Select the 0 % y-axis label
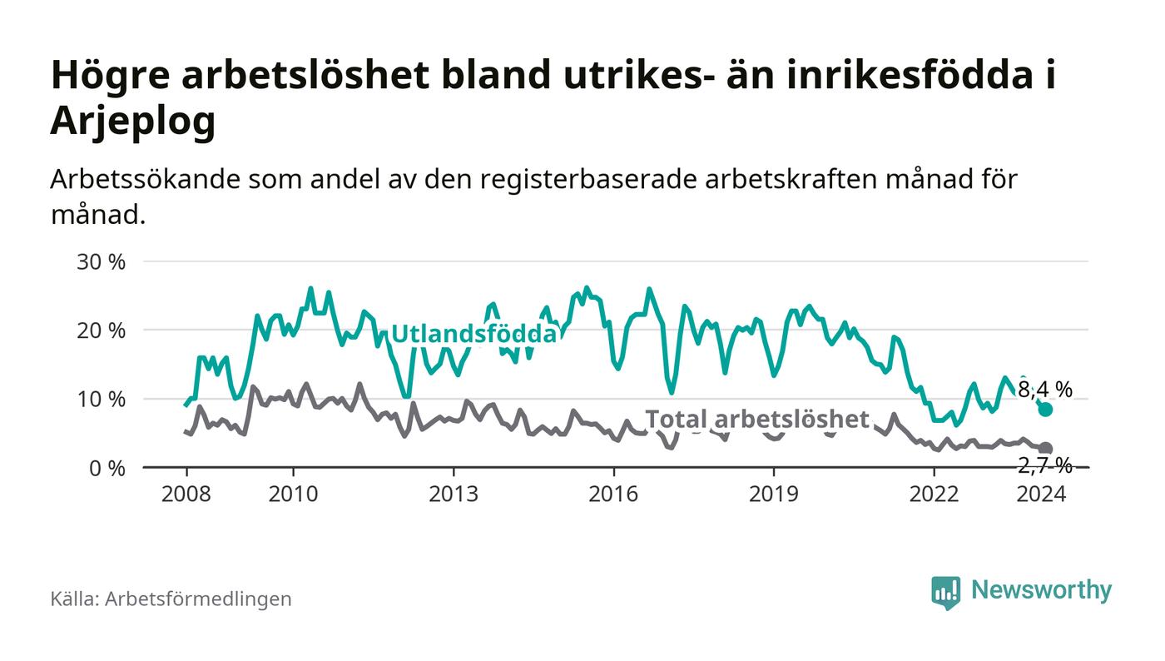(106, 468)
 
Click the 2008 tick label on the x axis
(186, 494)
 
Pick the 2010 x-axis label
(293, 494)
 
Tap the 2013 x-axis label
(454, 494)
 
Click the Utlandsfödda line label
(473, 334)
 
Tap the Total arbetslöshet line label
(757, 419)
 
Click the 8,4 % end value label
(1045, 389)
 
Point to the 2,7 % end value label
(1045, 465)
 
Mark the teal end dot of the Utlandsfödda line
(1045, 410)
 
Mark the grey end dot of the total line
(1045, 449)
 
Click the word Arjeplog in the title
(133, 121)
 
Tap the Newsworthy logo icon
(945, 592)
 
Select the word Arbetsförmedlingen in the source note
(198, 599)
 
